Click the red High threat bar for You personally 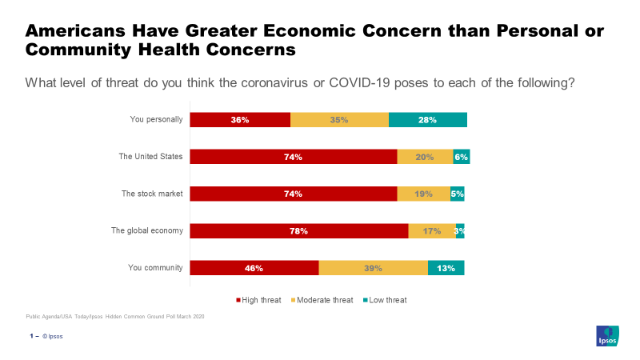click(240, 120)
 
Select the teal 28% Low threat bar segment click(427, 120)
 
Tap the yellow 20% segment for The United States click(424, 157)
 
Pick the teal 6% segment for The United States click(461, 157)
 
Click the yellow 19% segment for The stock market click(423, 194)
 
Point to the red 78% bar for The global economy click(298, 231)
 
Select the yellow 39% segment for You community click(373, 268)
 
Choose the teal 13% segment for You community click(446, 268)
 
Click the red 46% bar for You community click(254, 268)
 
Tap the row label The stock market click(152, 194)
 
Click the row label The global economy click(147, 231)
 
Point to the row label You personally click(157, 120)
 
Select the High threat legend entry click(258, 300)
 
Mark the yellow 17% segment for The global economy click(432, 231)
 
